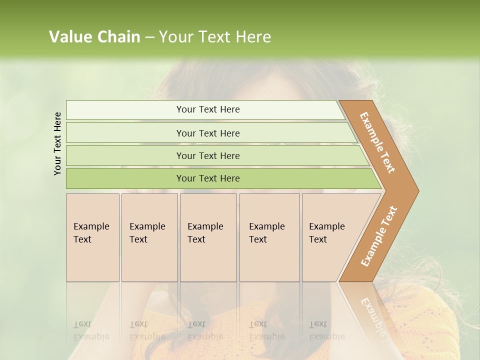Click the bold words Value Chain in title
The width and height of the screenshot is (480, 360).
[94, 37]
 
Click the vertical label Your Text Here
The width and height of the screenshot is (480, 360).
[57, 143]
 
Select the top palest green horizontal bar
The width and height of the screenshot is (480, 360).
[125, 110]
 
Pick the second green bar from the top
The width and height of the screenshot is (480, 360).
[125, 133]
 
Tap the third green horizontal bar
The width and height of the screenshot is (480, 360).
[125, 155]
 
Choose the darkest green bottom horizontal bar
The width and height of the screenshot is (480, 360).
[125, 178]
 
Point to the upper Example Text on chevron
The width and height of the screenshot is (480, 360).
[377, 142]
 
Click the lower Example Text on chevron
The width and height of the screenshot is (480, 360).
[379, 236]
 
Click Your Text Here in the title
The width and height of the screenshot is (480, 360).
[215, 37]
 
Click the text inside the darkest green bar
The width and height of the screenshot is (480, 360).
[208, 178]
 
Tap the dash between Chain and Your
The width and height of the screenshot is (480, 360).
[149, 37]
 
